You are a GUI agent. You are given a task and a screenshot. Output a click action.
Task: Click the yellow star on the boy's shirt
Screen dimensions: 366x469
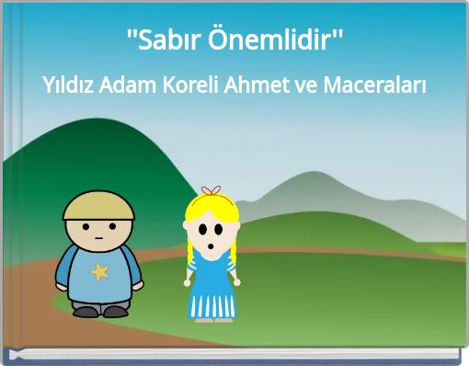pyautogui.click(x=99, y=271)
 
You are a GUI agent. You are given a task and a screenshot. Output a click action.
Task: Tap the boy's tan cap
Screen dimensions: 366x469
pyautogui.click(x=98, y=205)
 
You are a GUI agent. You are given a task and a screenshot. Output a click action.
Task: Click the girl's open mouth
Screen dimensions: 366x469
pyautogui.click(x=212, y=246)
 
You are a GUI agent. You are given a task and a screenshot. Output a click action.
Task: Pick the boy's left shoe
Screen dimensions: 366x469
pyautogui.click(x=86, y=311)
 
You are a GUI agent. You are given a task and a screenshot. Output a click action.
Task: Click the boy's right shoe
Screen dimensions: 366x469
pyautogui.click(x=116, y=311)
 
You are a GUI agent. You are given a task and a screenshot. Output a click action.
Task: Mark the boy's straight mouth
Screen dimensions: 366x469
pyautogui.click(x=99, y=241)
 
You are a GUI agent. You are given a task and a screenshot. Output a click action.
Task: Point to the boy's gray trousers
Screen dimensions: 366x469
pyautogui.click(x=100, y=296)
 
